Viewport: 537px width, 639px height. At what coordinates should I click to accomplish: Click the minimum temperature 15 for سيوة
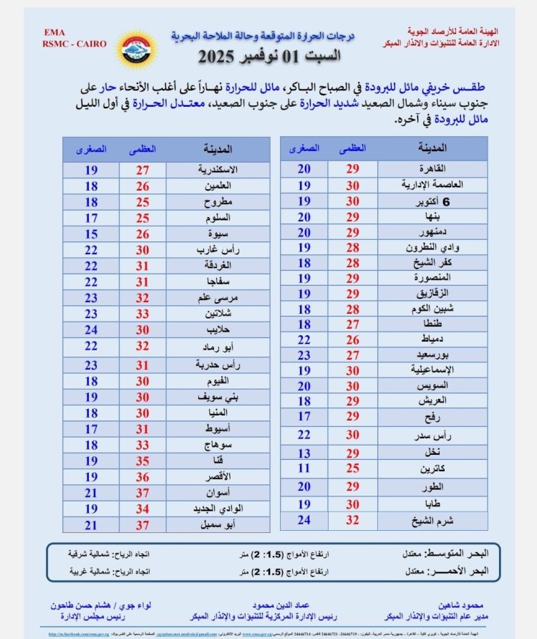92,234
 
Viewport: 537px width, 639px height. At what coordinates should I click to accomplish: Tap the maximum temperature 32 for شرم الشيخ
352,520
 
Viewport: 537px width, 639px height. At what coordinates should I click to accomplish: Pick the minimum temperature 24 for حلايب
92,330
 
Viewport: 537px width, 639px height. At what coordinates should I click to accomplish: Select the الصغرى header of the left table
92,150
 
